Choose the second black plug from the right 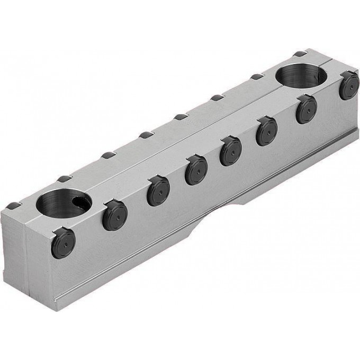[x=307, y=110]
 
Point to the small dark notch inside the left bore [x=81, y=201]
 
